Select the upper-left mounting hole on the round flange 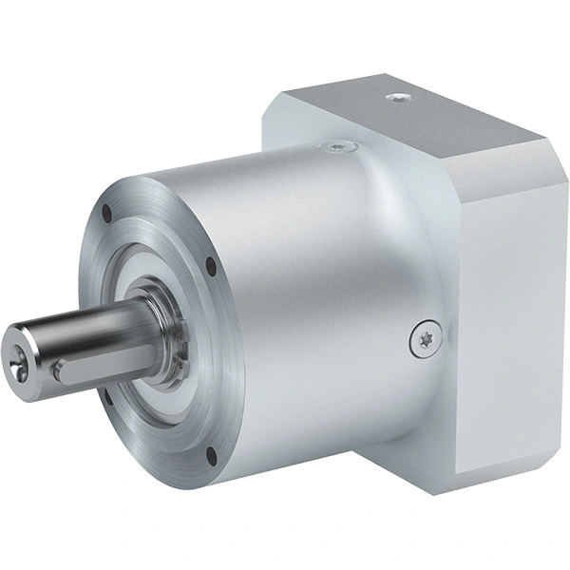(104, 213)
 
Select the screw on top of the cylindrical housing (339, 146)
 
